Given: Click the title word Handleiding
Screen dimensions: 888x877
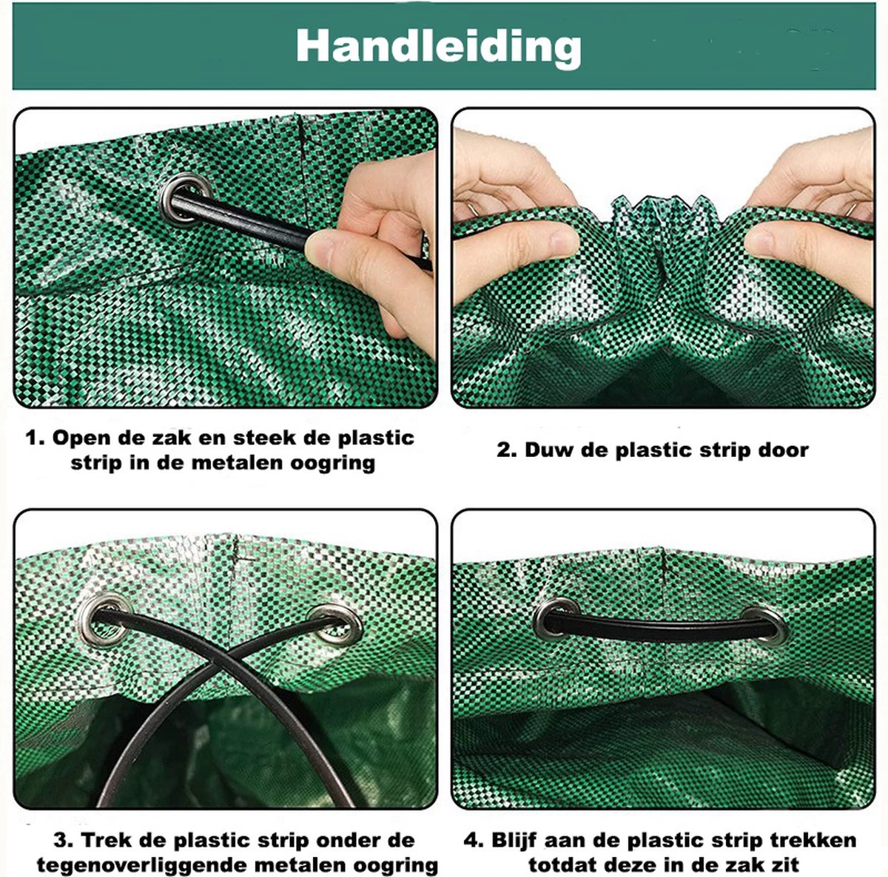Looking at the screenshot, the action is pyautogui.click(x=438, y=47).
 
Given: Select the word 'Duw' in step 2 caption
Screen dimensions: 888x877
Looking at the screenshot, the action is pyautogui.click(x=548, y=450).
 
